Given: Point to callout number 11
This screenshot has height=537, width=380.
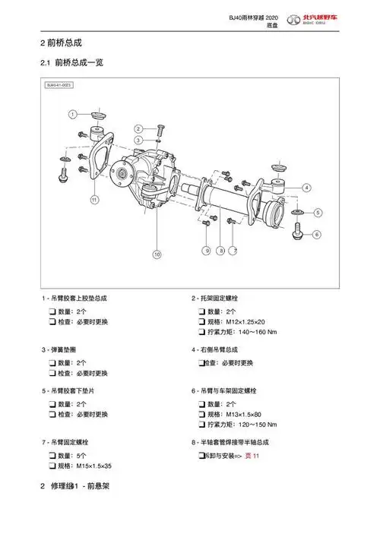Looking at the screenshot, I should (x=94, y=200).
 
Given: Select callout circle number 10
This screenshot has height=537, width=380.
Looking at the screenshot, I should (x=157, y=254).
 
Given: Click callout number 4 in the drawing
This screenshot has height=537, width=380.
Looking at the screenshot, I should (x=306, y=187).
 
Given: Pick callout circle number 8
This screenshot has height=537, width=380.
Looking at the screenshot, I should (x=220, y=250).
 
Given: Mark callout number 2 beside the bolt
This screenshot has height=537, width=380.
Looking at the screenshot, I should (x=138, y=128).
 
